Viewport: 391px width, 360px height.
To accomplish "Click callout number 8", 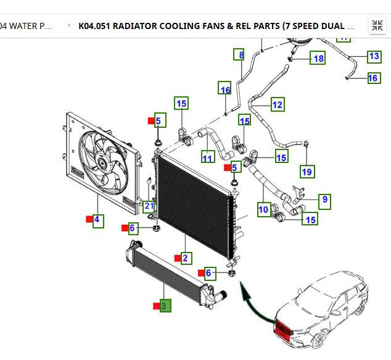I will [x=239, y=54].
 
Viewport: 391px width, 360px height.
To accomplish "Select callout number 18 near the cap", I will [x=318, y=59].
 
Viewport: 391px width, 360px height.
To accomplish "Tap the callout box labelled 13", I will [x=374, y=56].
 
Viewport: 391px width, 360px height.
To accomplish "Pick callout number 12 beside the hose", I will [x=277, y=104].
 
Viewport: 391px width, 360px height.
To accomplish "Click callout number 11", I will [x=208, y=158].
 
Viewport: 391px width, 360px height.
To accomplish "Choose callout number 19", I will [x=307, y=171].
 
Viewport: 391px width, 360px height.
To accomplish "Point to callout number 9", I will [x=324, y=200].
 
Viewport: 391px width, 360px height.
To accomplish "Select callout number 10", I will [x=263, y=210].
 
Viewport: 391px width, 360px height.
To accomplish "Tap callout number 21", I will [x=149, y=207].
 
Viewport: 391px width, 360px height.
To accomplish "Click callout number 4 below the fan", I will [x=97, y=220].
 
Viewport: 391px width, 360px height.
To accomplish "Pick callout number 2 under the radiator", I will [x=185, y=258].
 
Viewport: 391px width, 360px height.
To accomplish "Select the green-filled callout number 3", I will [x=165, y=306].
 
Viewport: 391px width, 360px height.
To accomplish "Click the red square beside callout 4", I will [x=89, y=219].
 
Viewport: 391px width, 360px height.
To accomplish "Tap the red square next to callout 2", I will [x=177, y=258].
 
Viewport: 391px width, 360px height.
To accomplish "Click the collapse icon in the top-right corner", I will [x=377, y=26].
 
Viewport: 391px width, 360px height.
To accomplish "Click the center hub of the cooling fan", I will [x=101, y=163].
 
